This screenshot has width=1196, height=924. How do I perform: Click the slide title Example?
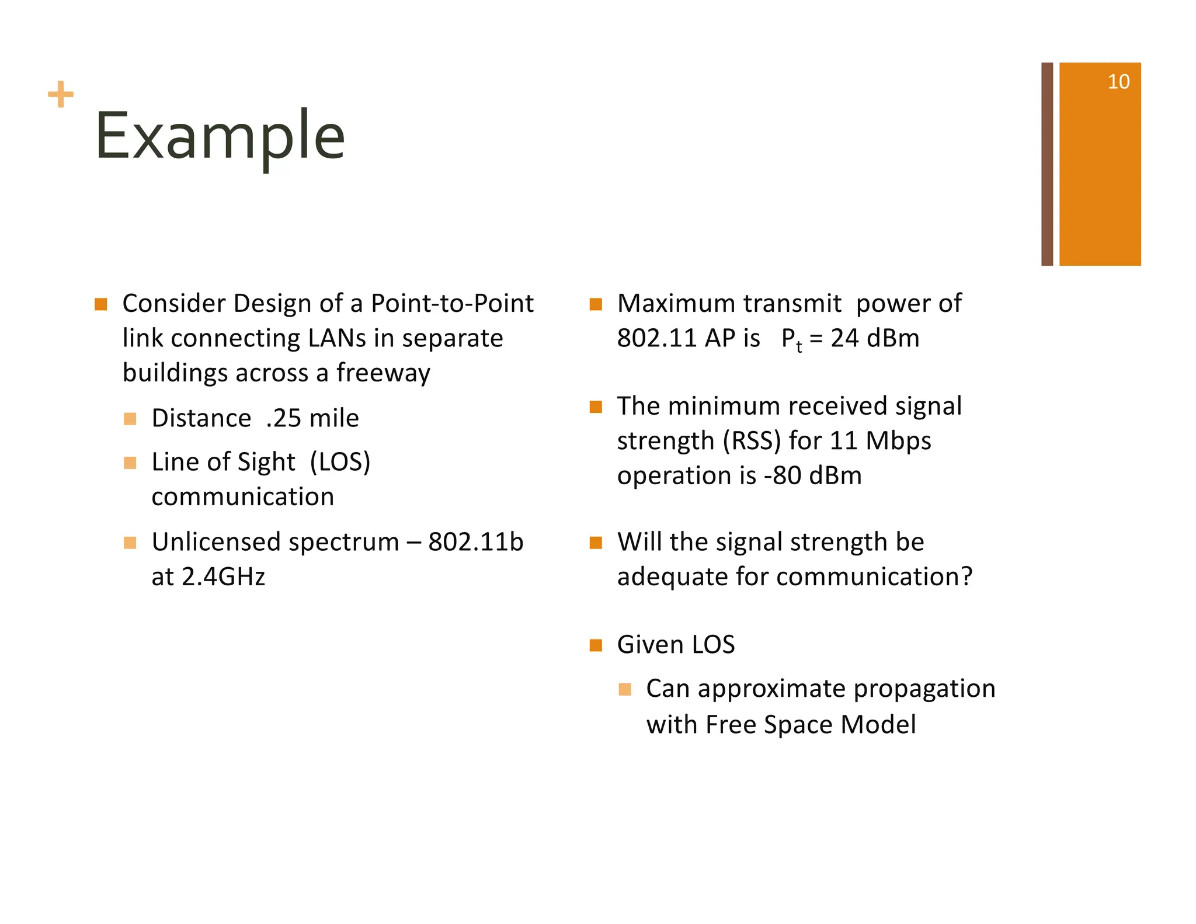(x=220, y=136)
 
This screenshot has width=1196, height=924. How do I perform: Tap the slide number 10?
(x=1118, y=82)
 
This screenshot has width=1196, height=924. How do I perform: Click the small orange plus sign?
(x=61, y=95)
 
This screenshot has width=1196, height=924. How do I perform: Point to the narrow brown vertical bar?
(x=1046, y=164)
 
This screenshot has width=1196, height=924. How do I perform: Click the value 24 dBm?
(x=874, y=338)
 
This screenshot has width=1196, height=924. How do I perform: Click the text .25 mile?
(x=312, y=418)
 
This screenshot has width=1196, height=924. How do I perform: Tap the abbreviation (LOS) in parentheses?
(x=340, y=462)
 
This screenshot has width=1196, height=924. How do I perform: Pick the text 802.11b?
(x=475, y=542)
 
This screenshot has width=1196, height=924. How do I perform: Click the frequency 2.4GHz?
(x=223, y=577)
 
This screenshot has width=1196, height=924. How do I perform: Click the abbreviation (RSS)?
(x=752, y=441)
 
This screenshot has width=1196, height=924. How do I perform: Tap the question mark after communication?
(x=966, y=577)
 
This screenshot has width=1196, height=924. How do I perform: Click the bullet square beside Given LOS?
(x=595, y=645)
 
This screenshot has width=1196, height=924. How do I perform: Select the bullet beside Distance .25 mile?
(x=130, y=419)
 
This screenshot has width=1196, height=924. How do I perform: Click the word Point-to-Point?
(x=452, y=304)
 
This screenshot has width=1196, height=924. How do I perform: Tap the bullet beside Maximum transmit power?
(x=595, y=304)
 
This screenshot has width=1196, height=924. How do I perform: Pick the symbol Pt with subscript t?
(x=791, y=339)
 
